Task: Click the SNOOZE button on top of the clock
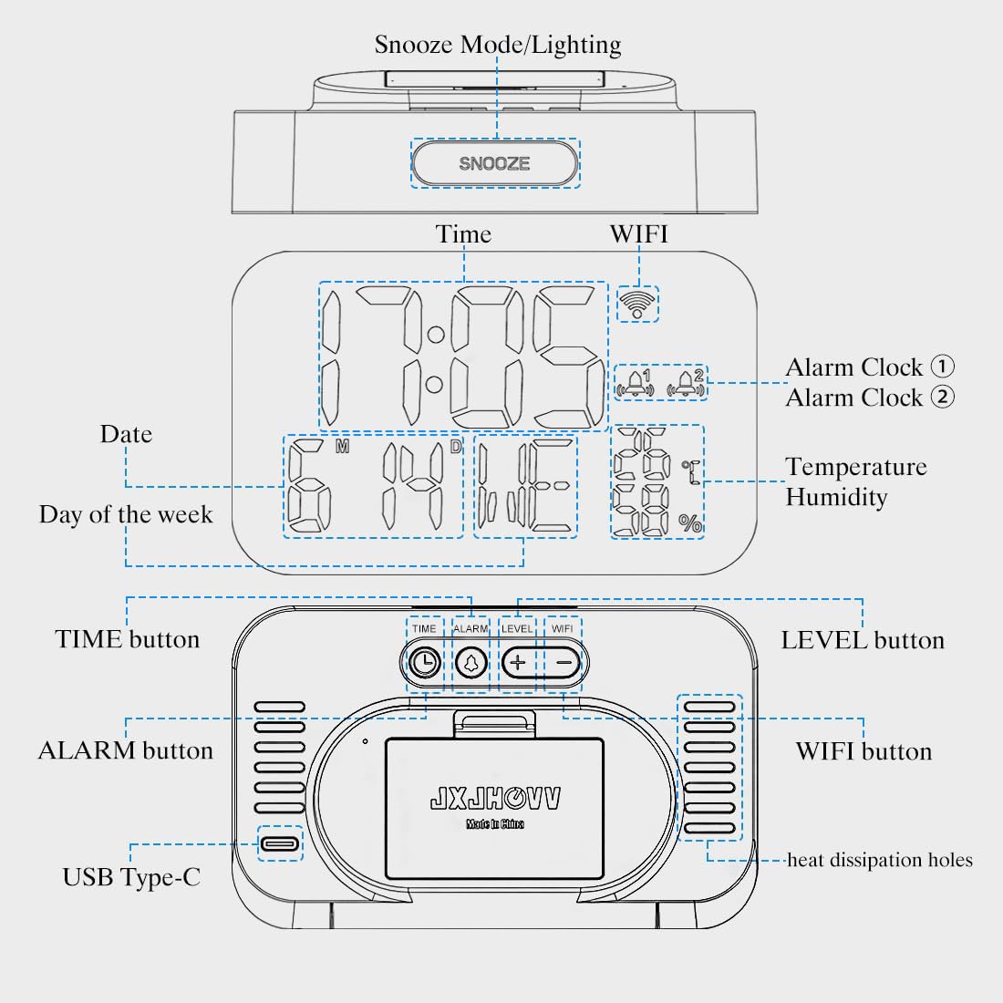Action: coord(494,164)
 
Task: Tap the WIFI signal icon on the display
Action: coord(637,303)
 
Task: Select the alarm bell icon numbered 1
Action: coord(636,384)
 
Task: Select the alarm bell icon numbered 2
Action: coord(687,384)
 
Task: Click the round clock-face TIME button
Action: coord(424,663)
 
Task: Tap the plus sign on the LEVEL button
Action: coord(518,663)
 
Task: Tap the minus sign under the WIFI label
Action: coord(564,663)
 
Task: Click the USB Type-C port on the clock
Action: coord(280,843)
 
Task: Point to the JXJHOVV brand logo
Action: coord(495,800)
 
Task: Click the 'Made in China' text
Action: coord(495,824)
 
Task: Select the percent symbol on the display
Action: coord(690,523)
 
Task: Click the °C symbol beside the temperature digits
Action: coord(691,470)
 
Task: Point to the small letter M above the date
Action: coord(342,447)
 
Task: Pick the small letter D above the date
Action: coord(455,447)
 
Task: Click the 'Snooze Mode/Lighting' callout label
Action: coord(498,45)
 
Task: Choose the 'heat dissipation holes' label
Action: coord(880,860)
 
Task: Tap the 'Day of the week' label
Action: coord(126,515)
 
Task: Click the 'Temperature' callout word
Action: coord(856,467)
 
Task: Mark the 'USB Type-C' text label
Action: coord(131,877)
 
